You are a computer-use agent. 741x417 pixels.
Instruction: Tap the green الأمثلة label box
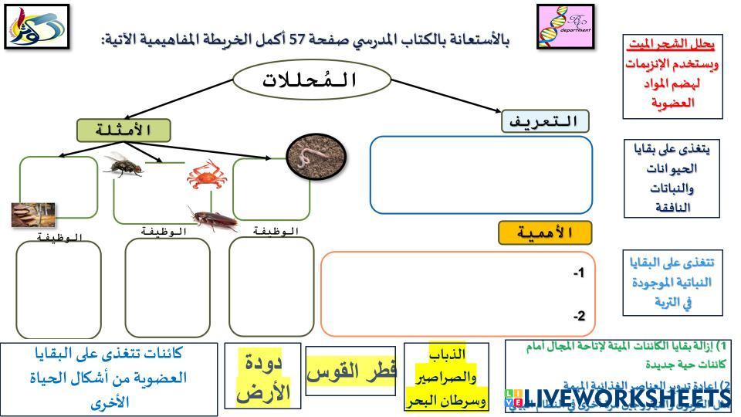[123, 130]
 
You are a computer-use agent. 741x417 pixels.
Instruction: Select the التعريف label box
[545, 121]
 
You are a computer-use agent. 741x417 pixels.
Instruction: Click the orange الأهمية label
[544, 232]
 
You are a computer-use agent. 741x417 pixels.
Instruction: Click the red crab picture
[205, 175]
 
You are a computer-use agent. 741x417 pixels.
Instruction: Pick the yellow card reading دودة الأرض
[257, 375]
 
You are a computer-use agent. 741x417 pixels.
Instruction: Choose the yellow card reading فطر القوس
[351, 371]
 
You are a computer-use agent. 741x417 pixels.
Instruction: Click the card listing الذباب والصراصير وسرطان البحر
[446, 378]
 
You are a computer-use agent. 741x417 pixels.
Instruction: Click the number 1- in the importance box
[579, 273]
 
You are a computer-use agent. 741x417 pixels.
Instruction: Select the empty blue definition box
[481, 175]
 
